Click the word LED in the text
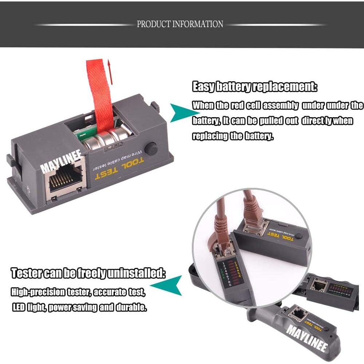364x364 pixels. (x=19, y=308)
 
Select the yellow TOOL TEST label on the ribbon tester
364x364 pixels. (x=120, y=168)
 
